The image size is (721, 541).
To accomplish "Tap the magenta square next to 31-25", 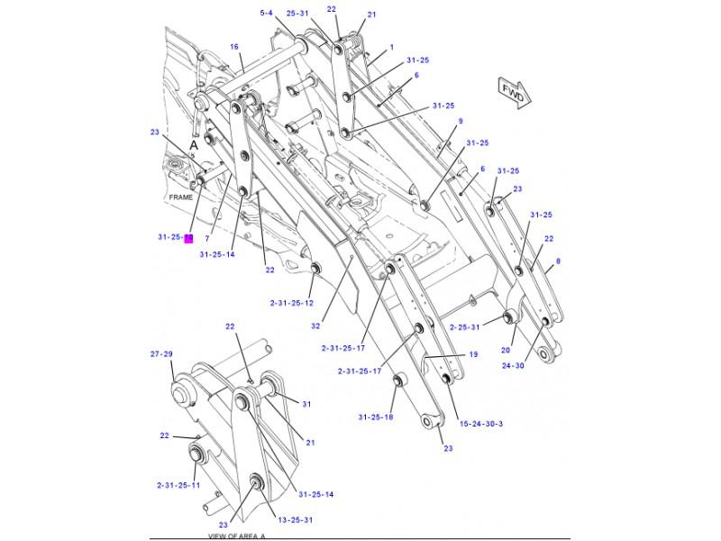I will [x=189, y=238].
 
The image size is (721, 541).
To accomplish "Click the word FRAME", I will [x=181, y=196].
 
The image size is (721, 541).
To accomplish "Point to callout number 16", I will [x=233, y=47].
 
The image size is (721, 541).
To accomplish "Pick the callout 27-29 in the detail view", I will [x=161, y=355].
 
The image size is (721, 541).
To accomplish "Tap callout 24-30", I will [x=513, y=365].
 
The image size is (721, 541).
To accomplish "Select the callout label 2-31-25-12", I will [x=290, y=303].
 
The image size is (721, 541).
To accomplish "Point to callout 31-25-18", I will [x=375, y=417].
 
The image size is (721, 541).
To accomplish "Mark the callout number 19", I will [x=472, y=354].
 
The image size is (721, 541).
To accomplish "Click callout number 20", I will [x=506, y=350].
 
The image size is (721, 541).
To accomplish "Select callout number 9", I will [x=460, y=121].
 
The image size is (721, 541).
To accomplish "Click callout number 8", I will [x=558, y=261].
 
